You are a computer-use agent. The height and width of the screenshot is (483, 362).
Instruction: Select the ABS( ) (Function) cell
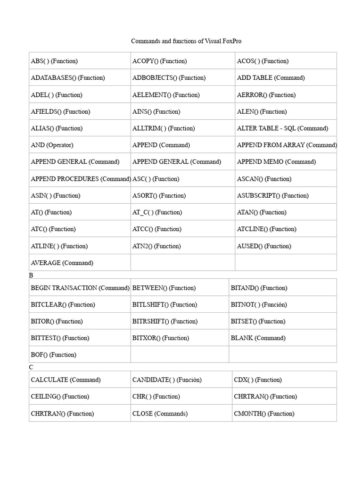point(54,61)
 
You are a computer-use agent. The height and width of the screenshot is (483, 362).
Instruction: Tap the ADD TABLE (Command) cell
point(271,78)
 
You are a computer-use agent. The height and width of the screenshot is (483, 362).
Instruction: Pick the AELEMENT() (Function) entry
point(166,95)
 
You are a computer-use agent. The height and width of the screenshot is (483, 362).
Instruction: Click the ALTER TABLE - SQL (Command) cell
point(282,128)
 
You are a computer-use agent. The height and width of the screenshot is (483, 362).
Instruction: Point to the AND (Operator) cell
point(52,145)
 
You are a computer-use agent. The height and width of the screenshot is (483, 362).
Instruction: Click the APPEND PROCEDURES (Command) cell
point(81,179)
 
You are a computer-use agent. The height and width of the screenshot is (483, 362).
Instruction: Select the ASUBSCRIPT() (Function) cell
point(272,195)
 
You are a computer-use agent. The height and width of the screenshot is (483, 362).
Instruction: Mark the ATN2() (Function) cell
point(156,246)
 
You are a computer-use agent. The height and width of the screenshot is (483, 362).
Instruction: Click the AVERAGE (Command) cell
point(62,263)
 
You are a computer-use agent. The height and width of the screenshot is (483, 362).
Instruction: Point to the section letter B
point(31,275)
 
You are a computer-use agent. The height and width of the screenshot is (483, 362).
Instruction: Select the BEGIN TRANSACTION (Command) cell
point(80,288)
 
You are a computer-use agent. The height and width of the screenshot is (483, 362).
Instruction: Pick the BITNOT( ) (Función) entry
point(258,305)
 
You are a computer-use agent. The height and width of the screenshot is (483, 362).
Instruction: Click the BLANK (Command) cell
point(258,338)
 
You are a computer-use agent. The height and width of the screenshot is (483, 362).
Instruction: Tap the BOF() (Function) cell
point(53,355)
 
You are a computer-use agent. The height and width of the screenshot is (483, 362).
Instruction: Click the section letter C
point(31,367)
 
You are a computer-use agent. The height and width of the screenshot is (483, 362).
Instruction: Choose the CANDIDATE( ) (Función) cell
point(167,380)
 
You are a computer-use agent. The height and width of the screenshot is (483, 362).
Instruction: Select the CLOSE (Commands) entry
point(160,414)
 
